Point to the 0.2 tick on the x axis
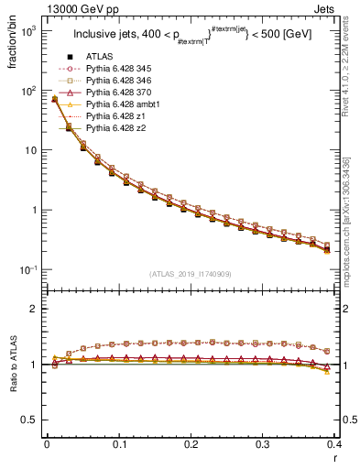tap(191, 444)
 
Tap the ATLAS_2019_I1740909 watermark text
tap(190, 274)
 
